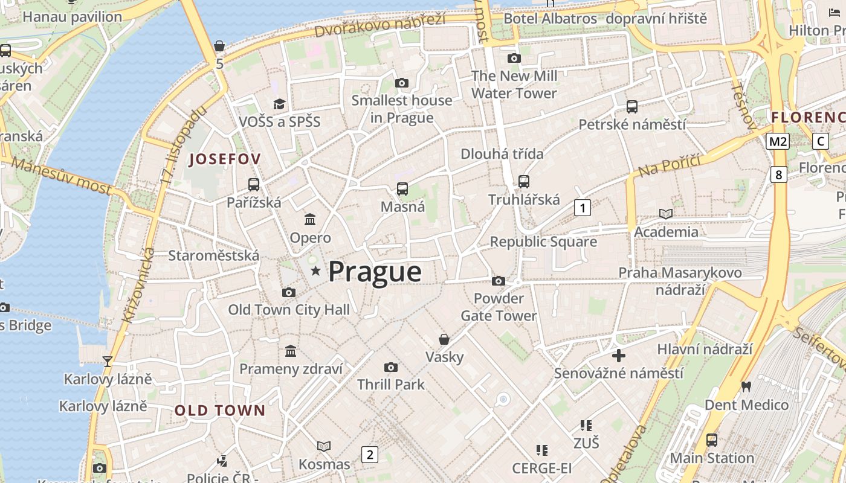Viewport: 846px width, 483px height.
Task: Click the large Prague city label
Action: (x=375, y=272)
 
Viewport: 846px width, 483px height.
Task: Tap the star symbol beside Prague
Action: (x=315, y=271)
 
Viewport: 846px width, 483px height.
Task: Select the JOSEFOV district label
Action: (x=225, y=159)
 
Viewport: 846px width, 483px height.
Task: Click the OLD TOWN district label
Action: (x=220, y=411)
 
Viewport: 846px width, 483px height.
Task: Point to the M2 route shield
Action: (x=777, y=141)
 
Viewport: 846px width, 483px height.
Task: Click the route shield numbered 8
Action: (x=778, y=175)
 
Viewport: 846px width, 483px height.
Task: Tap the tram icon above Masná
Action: (x=402, y=188)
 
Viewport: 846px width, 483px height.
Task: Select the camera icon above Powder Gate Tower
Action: (x=499, y=281)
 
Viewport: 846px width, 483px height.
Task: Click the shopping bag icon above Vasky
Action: (x=444, y=339)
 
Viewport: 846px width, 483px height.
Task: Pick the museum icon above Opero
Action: (x=310, y=219)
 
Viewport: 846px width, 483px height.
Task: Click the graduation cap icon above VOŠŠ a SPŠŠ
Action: (x=279, y=104)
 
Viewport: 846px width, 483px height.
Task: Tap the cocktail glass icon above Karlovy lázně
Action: (x=108, y=361)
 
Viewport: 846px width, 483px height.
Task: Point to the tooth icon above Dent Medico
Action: (x=746, y=386)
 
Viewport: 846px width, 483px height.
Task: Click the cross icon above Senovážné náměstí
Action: (x=619, y=355)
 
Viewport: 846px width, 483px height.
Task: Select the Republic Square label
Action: (x=543, y=242)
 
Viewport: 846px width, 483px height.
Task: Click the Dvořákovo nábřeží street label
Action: (x=379, y=24)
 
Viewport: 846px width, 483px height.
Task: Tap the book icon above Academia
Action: (x=665, y=214)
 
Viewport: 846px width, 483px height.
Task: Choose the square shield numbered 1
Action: (x=582, y=208)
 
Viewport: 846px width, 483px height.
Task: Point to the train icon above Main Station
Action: (x=712, y=440)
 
